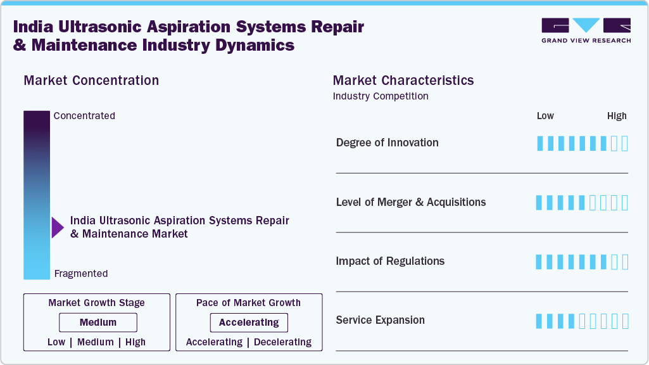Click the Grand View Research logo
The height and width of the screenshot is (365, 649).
coord(586,30)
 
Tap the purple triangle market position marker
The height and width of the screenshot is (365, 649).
coord(58,227)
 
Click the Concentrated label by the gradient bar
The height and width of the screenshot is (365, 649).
coord(84,116)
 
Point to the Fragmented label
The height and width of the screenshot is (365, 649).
coord(81,274)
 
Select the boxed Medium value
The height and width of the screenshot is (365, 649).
coord(98,323)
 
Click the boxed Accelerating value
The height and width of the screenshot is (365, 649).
coord(249,323)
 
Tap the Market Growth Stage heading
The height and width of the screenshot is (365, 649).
coord(96,303)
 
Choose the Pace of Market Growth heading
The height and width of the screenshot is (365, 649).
coord(248,303)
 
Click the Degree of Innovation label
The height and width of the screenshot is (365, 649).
coord(387,143)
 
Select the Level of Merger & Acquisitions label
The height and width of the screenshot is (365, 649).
coord(411,202)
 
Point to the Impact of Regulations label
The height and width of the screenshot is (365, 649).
coord(390,261)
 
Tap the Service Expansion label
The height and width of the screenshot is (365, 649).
coord(380,320)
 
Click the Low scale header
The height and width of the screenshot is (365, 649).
coord(545,116)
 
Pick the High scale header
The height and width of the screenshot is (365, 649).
coord(617,116)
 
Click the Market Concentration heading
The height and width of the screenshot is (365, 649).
coord(91,80)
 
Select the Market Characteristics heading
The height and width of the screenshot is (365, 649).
coord(403,80)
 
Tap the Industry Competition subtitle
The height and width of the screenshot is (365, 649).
coord(381,96)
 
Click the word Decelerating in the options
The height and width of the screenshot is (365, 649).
coord(282,342)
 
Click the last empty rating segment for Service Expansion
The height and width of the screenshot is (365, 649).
coord(625,321)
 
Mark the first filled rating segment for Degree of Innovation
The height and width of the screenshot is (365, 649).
coord(540,143)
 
